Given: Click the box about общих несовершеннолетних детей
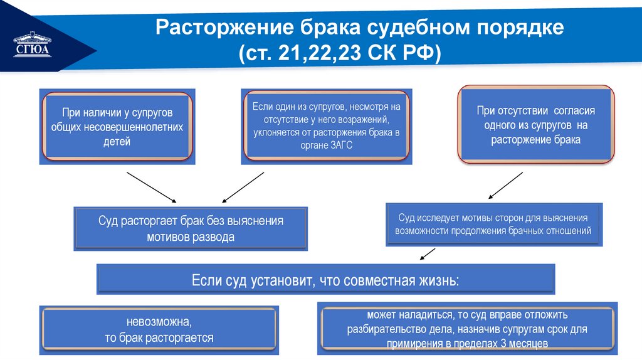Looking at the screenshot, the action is [x=117, y=127].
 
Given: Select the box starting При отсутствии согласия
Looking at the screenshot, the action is [x=535, y=125].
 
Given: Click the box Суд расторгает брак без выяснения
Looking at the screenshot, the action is [x=191, y=229].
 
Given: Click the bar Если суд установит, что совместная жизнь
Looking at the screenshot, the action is [x=325, y=280].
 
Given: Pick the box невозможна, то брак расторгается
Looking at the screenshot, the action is [x=159, y=331].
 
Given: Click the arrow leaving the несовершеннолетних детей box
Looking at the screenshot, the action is [x=150, y=186].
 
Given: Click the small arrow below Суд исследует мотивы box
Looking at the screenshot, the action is [x=428, y=254].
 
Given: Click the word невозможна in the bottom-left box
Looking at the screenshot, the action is [x=159, y=322].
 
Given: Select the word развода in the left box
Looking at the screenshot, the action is [x=214, y=238].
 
